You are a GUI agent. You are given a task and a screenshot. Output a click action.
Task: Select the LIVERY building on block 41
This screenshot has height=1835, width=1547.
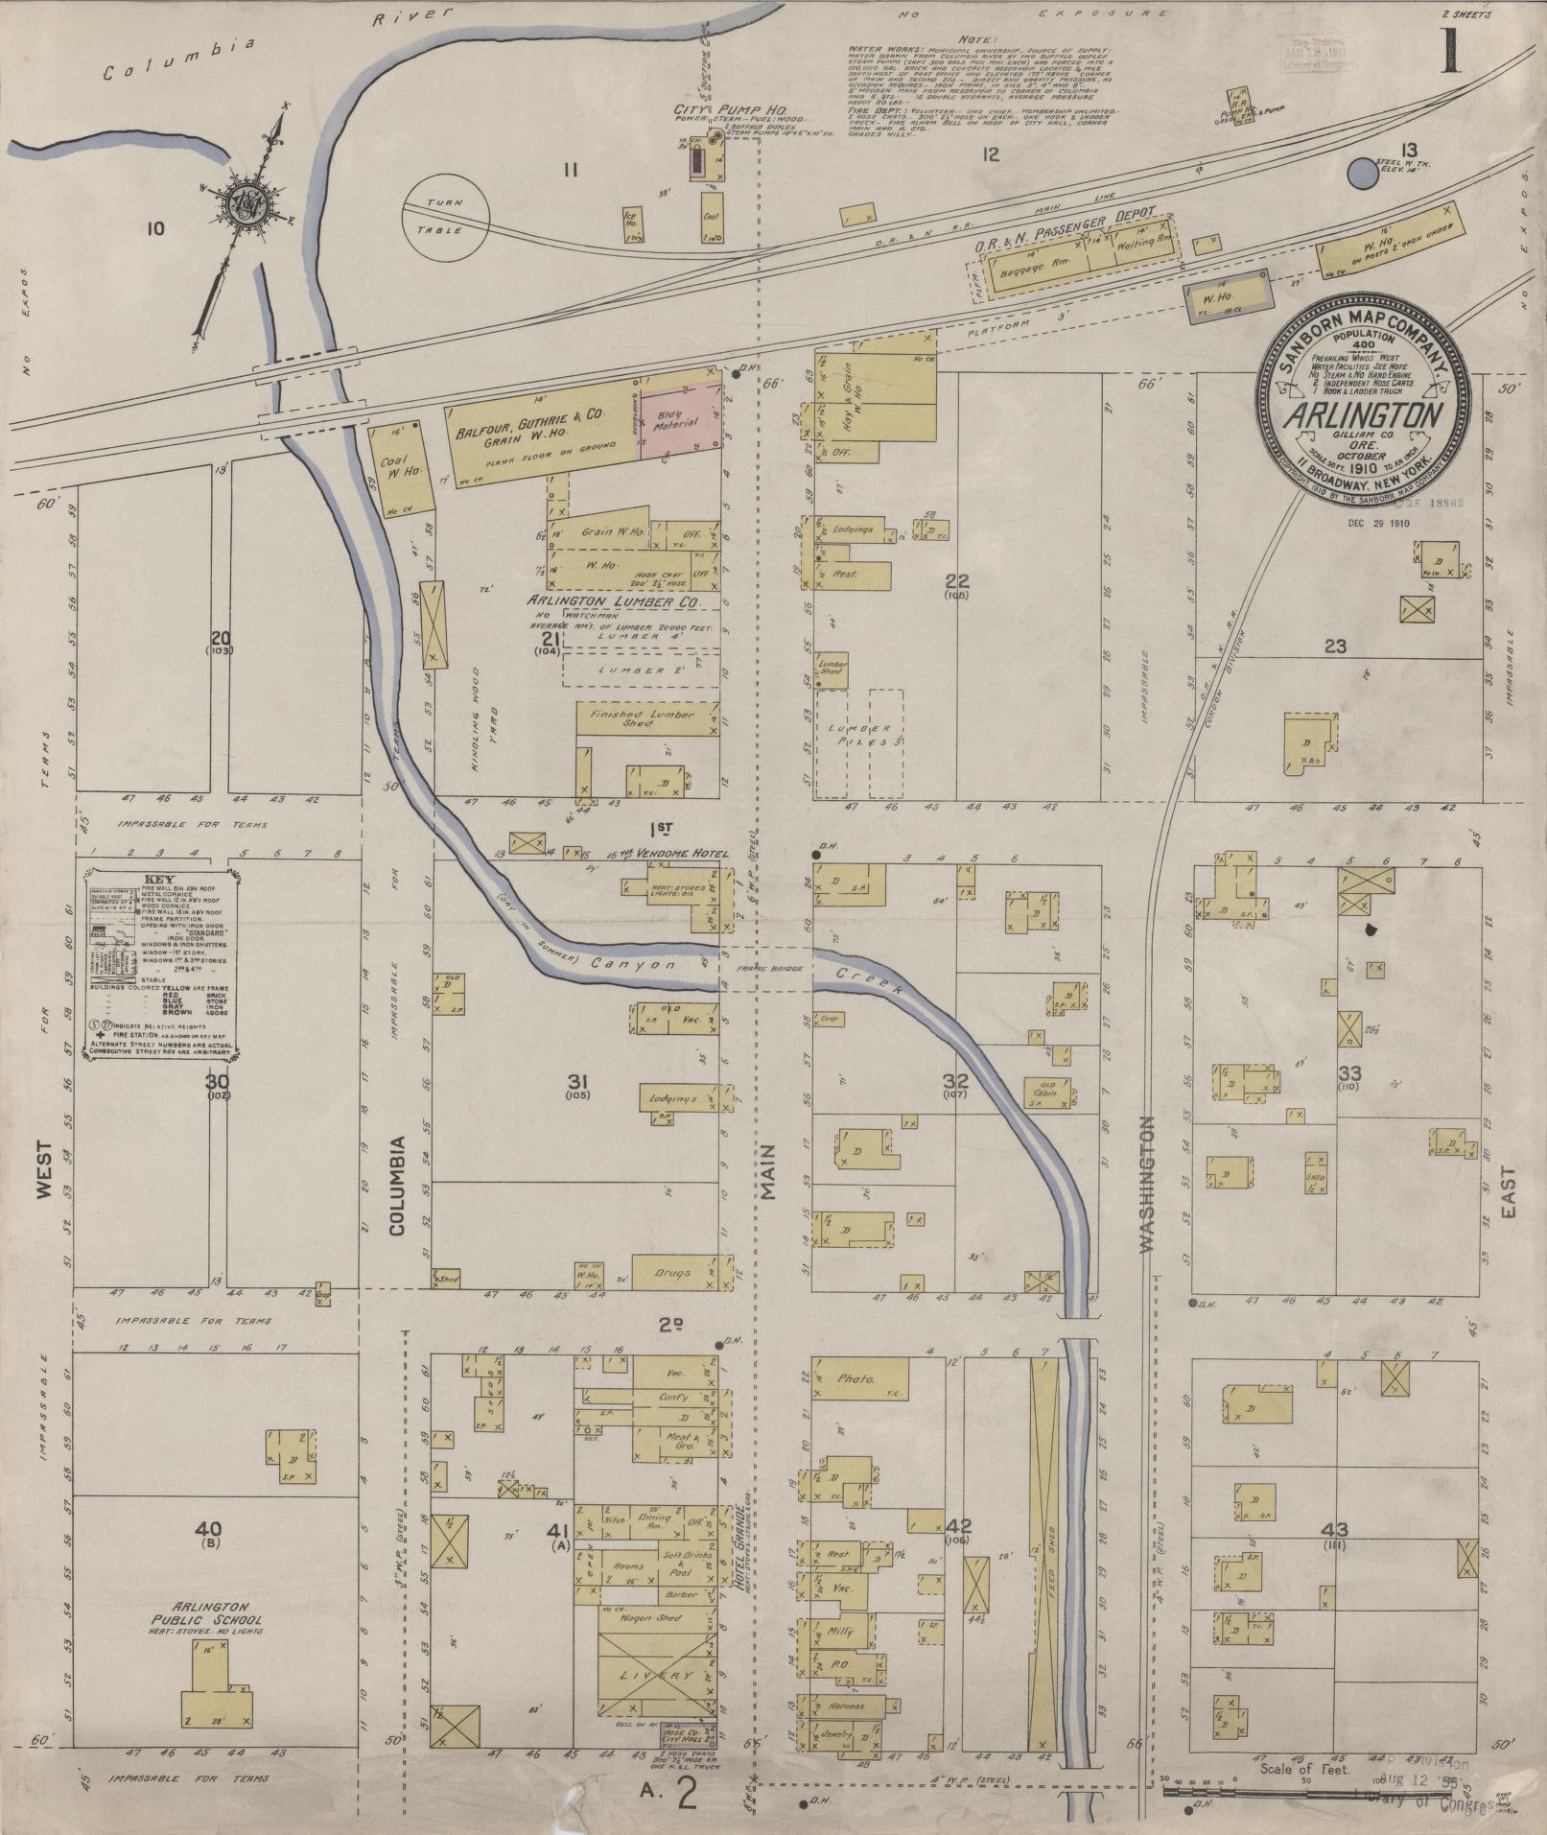click(658, 1675)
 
